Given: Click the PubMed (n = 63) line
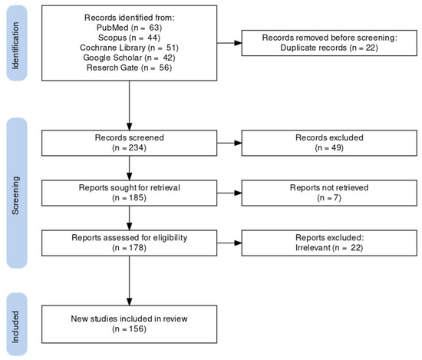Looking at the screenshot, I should pos(129,27).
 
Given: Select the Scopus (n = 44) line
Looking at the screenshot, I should pos(129,37).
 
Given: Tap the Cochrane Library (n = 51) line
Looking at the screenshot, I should pos(129,47).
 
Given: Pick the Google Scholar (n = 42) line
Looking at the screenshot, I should pos(129,57).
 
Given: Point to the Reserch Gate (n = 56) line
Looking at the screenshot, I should pos(129,67).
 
